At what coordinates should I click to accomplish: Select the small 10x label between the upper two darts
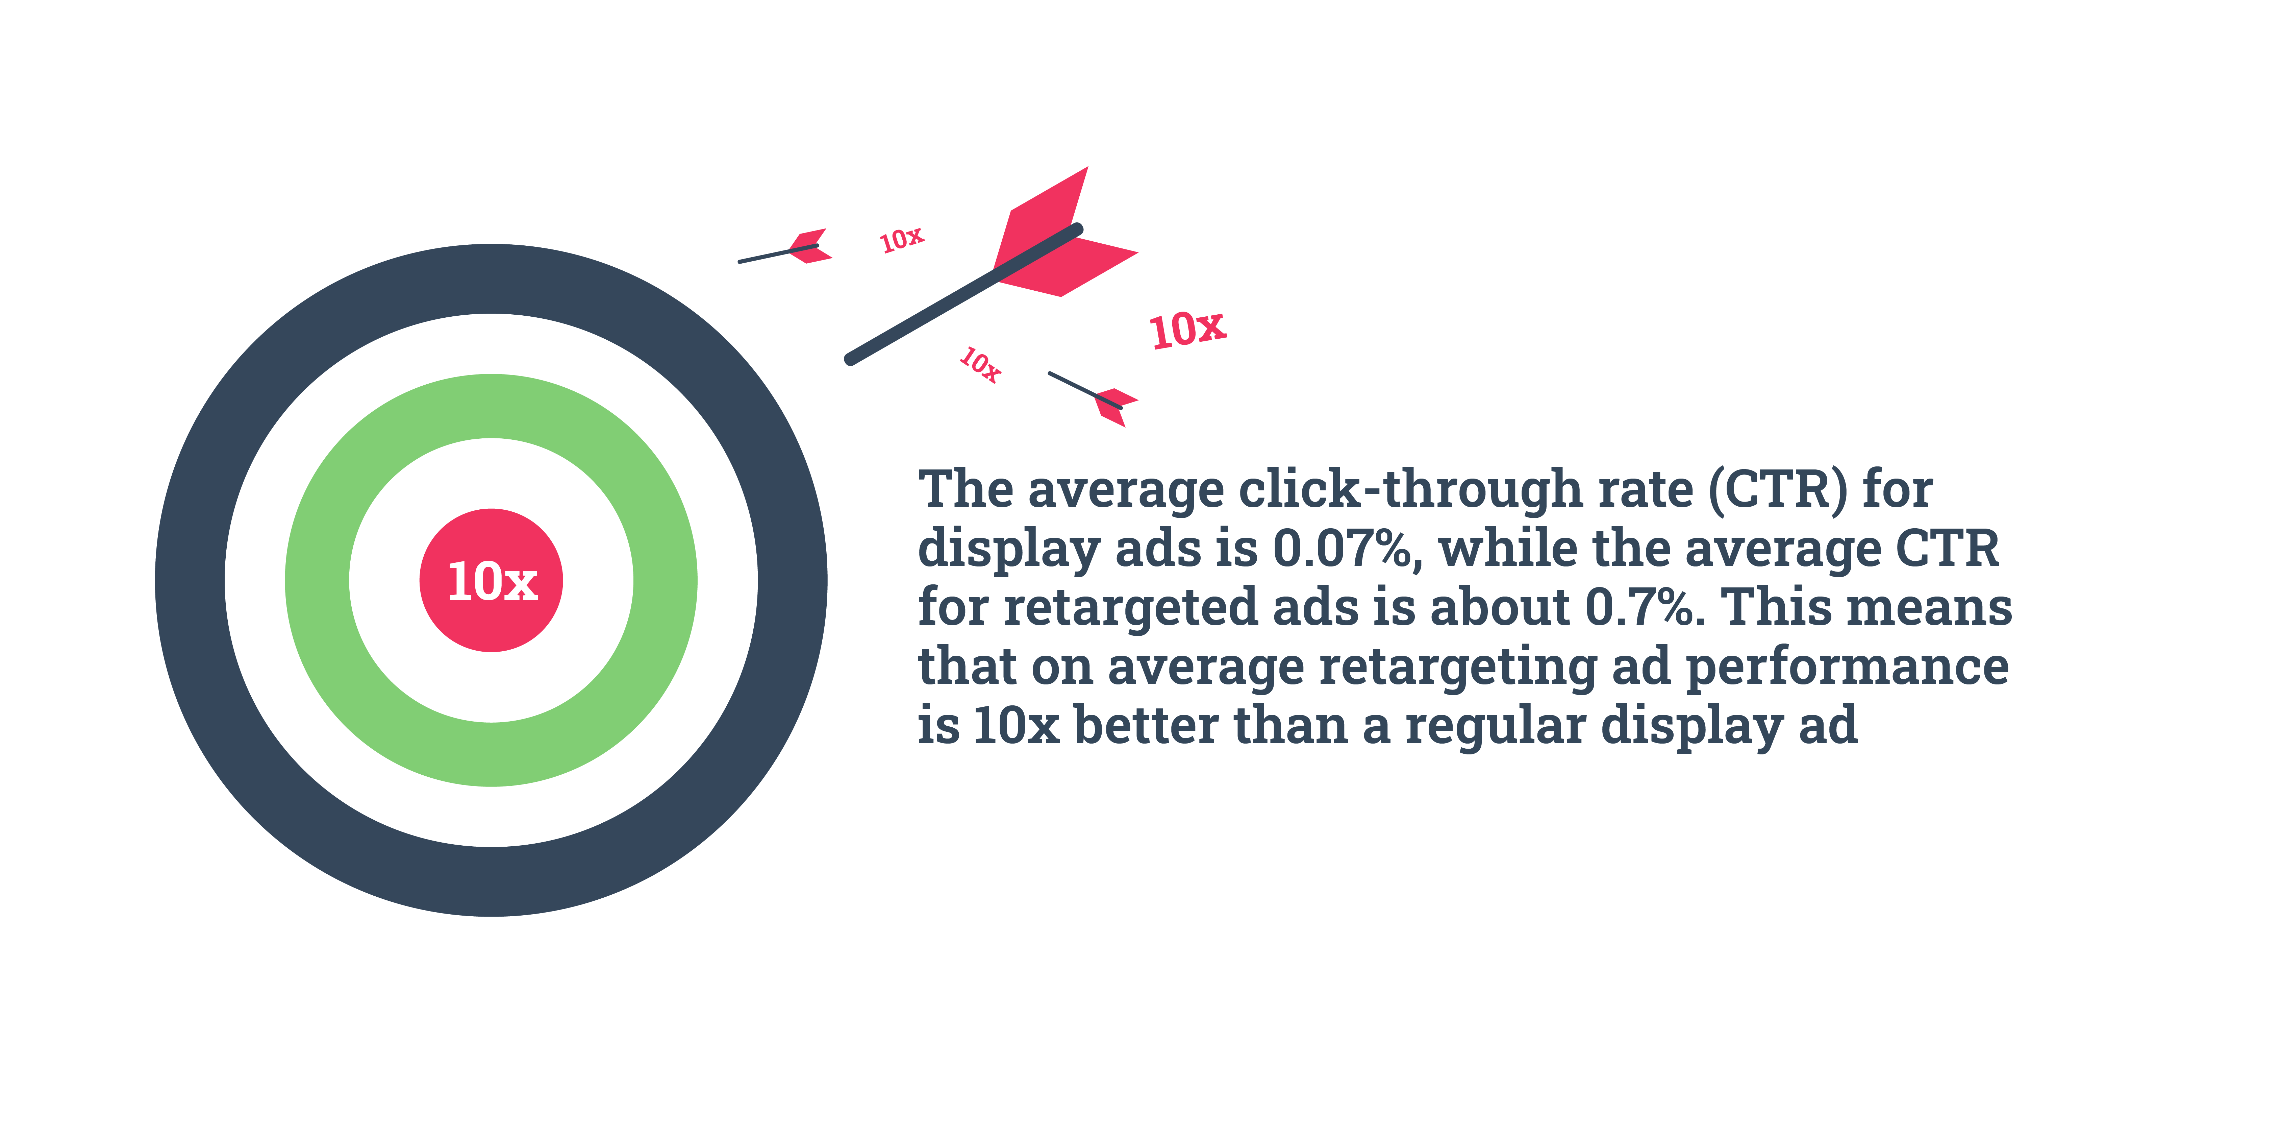pyautogui.click(x=901, y=239)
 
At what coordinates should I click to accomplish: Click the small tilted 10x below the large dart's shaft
pyautogui.click(x=980, y=364)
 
